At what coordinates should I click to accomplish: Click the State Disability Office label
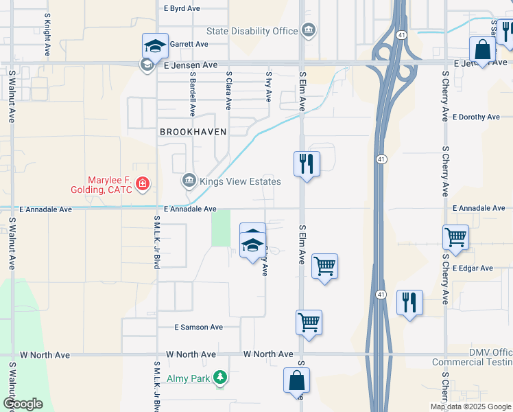[x=252, y=31]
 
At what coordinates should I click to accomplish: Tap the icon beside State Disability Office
[x=309, y=30]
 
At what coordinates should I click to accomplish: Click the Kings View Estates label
[x=239, y=182]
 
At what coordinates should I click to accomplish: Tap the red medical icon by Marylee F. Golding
[x=143, y=183]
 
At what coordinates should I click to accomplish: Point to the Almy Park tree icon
[x=219, y=377]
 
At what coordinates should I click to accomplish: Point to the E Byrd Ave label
[x=182, y=9]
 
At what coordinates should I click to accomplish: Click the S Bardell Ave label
[x=193, y=95]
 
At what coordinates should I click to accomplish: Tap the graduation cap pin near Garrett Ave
[x=155, y=46]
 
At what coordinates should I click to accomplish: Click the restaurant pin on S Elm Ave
[x=307, y=163]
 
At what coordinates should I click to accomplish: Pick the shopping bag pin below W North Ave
[x=296, y=380]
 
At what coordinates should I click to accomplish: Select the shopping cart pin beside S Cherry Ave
[x=455, y=238]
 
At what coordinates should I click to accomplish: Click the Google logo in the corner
[x=23, y=404]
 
